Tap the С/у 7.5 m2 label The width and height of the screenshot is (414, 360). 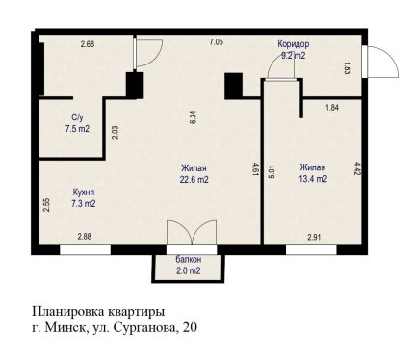click(x=77, y=123)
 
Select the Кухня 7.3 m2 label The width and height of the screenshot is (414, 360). click(x=84, y=198)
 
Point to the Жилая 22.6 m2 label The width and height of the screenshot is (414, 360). click(x=194, y=174)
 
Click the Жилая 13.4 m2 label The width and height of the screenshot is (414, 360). click(x=313, y=173)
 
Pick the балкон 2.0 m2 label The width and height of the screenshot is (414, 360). click(x=189, y=265)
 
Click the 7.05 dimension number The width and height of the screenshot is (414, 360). click(x=217, y=41)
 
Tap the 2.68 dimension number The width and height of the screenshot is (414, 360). click(x=88, y=44)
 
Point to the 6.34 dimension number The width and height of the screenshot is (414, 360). click(x=194, y=117)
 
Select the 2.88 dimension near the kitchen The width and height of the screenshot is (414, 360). click(x=85, y=237)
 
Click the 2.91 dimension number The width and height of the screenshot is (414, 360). click(x=315, y=238)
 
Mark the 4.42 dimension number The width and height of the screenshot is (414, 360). click(x=355, y=168)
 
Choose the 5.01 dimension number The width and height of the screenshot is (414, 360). click(x=272, y=172)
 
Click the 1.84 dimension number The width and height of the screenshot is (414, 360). click(x=332, y=108)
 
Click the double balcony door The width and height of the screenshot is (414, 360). click(x=192, y=233)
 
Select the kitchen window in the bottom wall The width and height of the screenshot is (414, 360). click(x=85, y=250)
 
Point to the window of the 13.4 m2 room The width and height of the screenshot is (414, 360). click(x=311, y=250)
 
